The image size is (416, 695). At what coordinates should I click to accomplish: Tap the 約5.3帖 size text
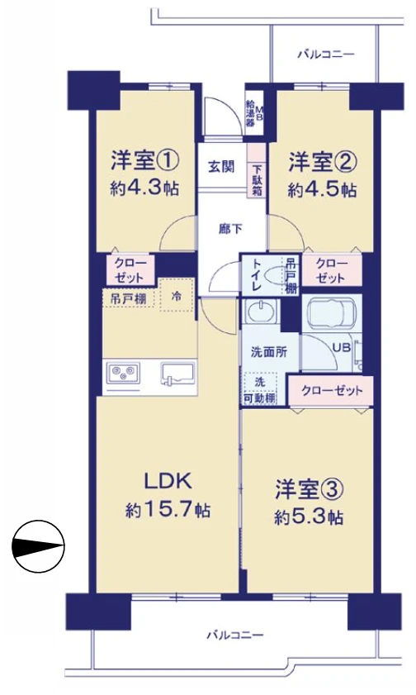(x=309, y=518)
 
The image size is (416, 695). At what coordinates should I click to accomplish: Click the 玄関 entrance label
(x=220, y=166)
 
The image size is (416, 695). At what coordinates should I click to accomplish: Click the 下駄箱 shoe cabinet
(x=257, y=178)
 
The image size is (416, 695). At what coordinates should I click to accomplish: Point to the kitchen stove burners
(x=122, y=374)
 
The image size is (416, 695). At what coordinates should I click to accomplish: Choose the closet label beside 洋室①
(x=130, y=269)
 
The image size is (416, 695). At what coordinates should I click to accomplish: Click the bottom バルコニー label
(x=234, y=635)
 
